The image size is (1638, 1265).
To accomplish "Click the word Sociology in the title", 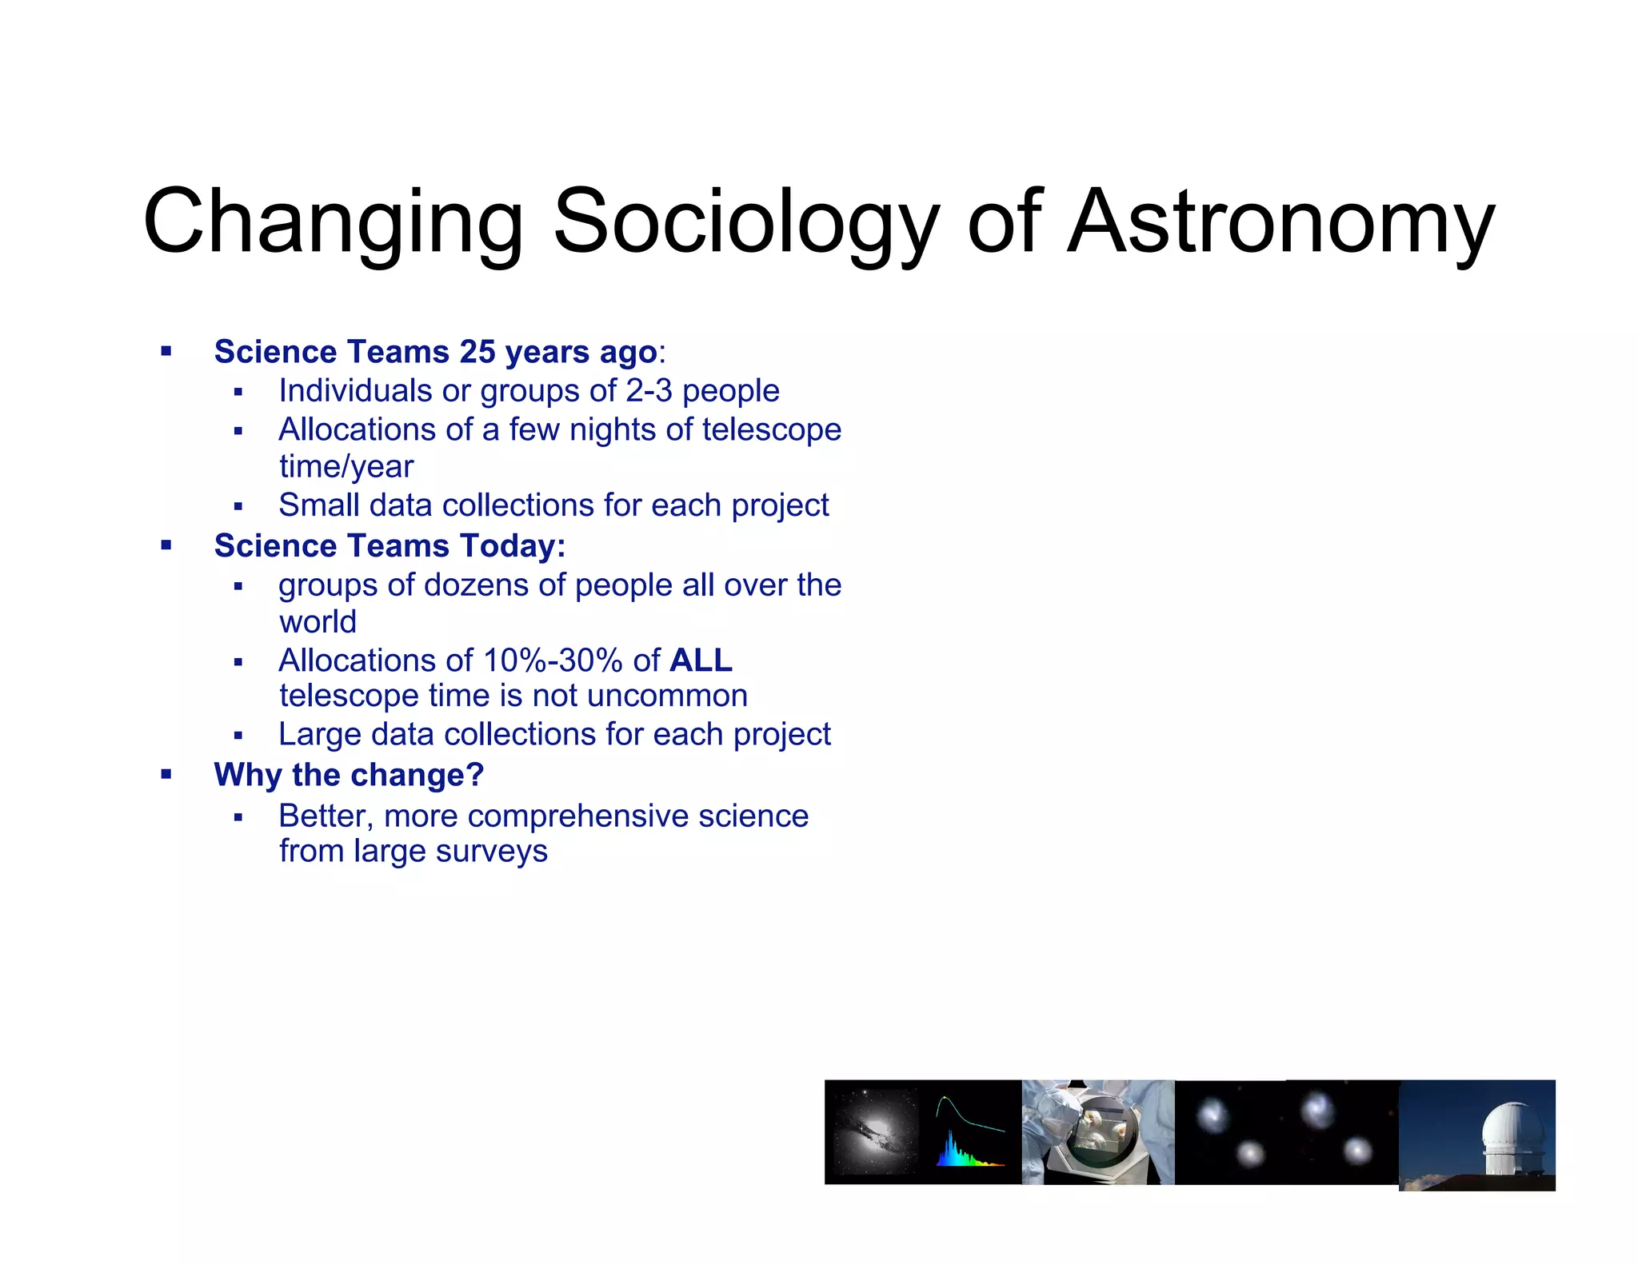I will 745,222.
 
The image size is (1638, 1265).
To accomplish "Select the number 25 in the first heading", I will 477,352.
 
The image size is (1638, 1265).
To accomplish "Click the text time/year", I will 346,466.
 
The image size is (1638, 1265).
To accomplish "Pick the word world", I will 318,622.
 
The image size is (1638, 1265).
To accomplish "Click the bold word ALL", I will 701,660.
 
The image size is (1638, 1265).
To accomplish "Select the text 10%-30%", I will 553,660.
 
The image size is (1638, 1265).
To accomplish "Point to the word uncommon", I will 667,696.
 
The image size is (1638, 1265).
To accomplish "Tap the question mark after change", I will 475,775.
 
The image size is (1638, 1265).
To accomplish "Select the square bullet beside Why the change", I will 166,774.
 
